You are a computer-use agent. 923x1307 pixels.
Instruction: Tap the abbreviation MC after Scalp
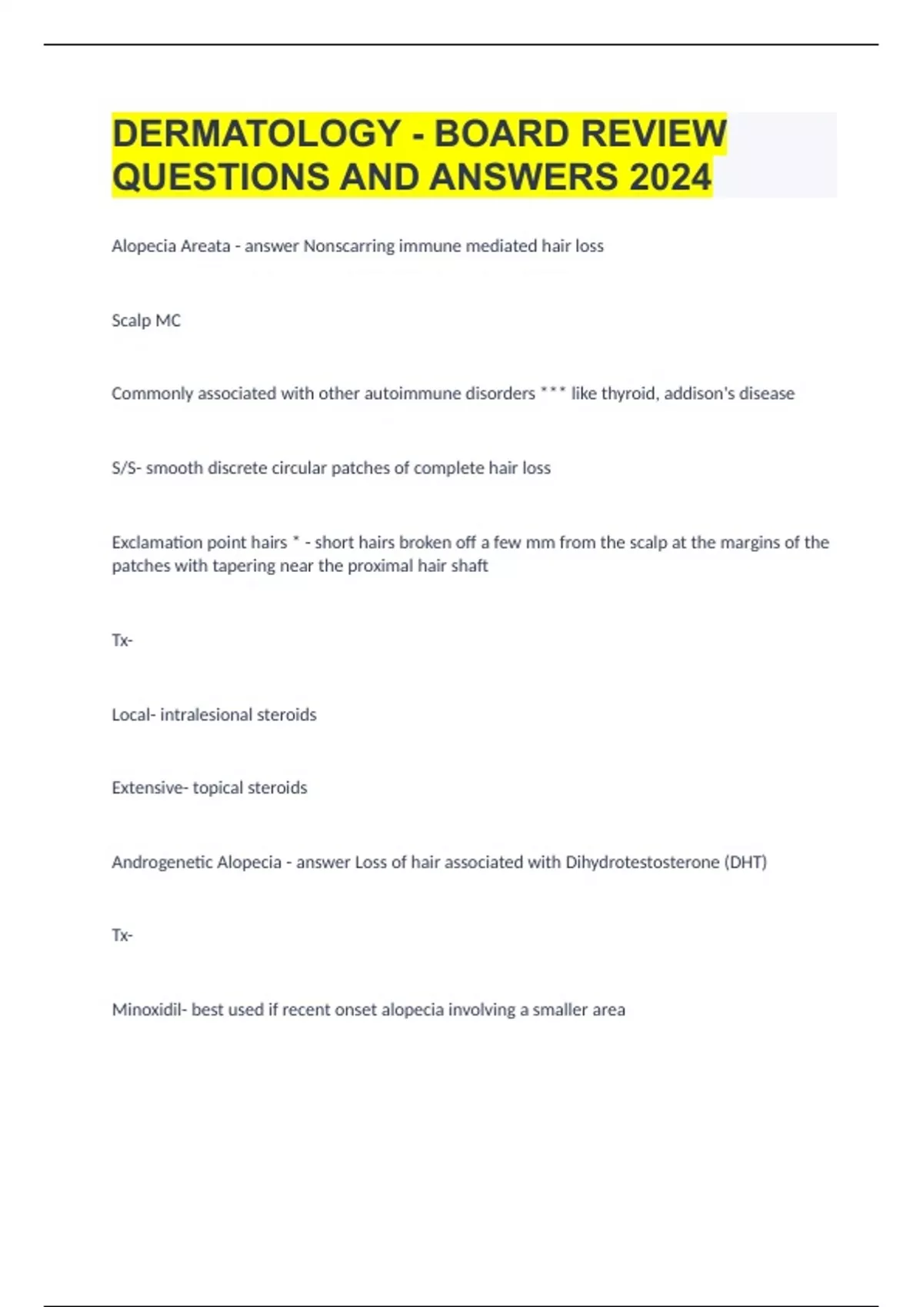tap(168, 321)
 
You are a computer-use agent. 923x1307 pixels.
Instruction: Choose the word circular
tap(298, 468)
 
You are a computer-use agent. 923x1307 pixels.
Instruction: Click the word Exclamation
tap(157, 543)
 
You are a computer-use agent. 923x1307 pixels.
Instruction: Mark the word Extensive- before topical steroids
tap(149, 788)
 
